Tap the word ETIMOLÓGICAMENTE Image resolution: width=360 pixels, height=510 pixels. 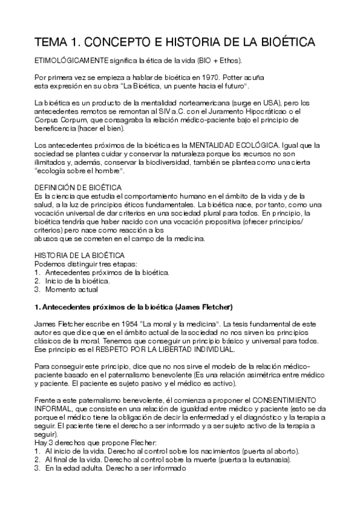[71, 61]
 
